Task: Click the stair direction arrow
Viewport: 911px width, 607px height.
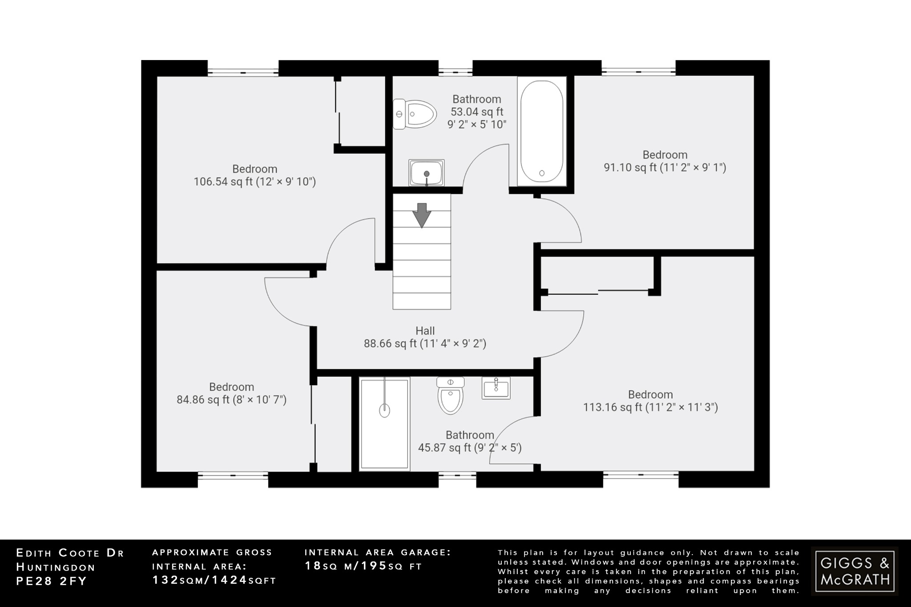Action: tap(421, 215)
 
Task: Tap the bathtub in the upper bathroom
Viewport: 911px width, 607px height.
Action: tap(542, 131)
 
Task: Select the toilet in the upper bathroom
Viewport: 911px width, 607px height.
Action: tap(414, 114)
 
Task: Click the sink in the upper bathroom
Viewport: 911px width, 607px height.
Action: tap(427, 173)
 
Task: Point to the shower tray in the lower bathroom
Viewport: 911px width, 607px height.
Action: tap(384, 423)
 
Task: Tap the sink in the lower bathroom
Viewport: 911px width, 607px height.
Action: tap(496, 388)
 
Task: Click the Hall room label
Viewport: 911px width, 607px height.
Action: tap(425, 331)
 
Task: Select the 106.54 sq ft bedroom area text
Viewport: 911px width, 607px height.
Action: tap(254, 182)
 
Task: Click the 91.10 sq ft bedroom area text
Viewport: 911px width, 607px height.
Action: tap(665, 168)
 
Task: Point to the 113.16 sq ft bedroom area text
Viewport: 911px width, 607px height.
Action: tap(650, 407)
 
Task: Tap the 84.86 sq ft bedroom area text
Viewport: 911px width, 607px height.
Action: tap(231, 400)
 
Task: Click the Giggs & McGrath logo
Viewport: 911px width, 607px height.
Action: tap(855, 571)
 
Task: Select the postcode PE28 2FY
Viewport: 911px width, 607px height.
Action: tap(51, 581)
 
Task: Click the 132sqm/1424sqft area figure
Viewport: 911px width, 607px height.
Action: tap(214, 580)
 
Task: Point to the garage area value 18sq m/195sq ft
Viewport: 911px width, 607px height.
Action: tap(363, 566)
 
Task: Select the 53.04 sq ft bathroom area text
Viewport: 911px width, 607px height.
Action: tap(477, 112)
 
